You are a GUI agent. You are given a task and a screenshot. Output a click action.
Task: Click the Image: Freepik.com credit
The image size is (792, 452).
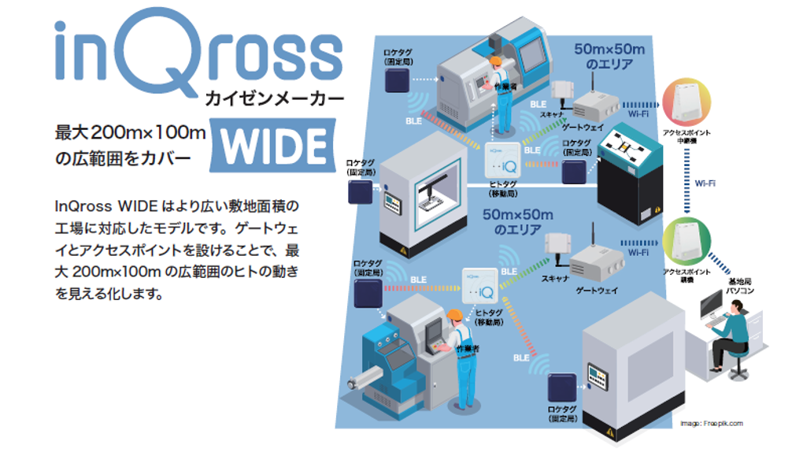click(711, 424)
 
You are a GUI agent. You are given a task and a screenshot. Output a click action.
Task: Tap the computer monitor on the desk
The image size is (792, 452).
click(709, 303)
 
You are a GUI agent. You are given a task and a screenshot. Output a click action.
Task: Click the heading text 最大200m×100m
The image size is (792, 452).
click(130, 132)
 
